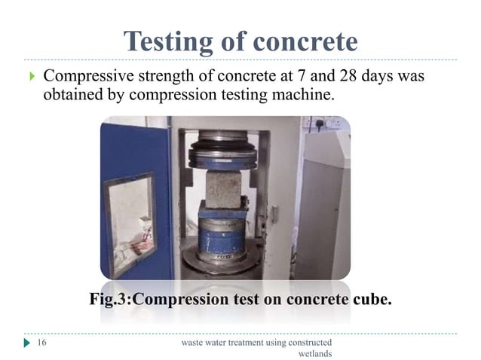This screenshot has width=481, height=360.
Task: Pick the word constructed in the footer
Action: [x=306, y=343]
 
